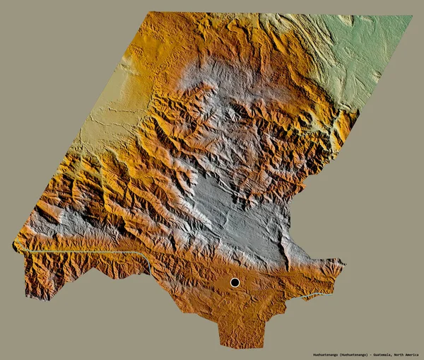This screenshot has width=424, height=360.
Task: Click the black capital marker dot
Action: point(235,282)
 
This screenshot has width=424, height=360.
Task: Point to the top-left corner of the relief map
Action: point(151,13)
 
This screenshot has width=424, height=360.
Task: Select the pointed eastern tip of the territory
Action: point(344,264)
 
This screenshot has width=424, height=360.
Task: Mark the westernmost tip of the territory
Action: point(13,245)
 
